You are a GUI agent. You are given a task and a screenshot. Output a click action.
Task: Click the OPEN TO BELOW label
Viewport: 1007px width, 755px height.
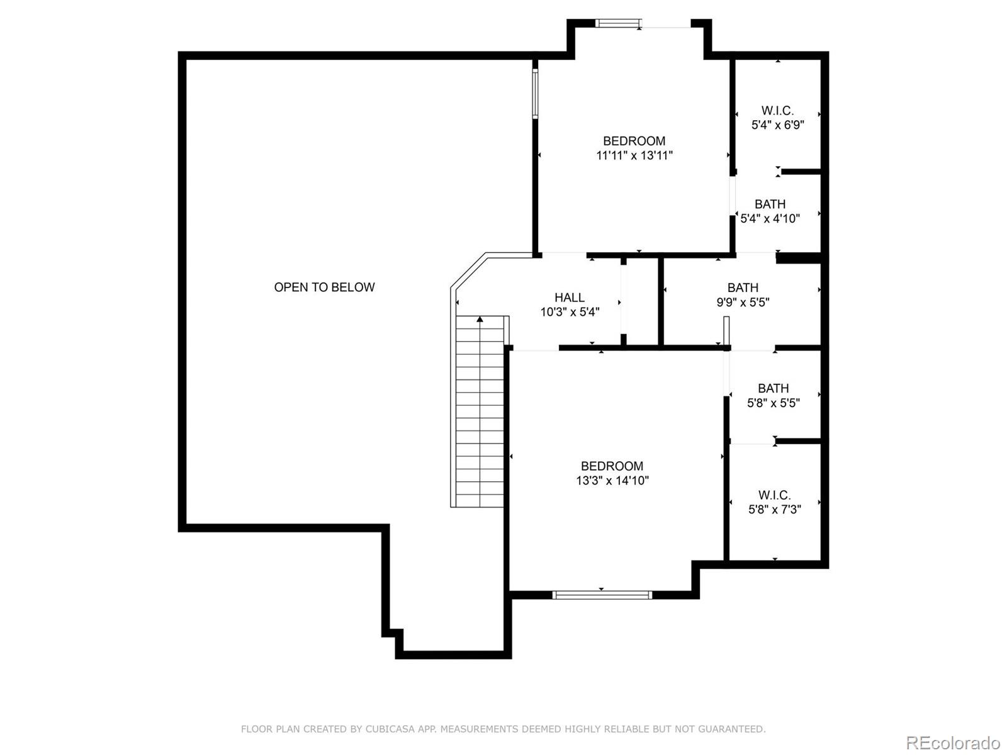324,287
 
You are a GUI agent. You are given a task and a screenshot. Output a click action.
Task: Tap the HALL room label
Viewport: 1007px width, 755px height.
569,297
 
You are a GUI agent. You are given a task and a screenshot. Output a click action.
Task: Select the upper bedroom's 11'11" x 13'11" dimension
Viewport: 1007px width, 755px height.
634,155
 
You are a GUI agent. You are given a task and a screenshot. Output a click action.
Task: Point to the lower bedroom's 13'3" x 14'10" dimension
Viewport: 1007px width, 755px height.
612,481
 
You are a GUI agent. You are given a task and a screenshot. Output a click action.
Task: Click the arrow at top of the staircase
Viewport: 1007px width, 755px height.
480,320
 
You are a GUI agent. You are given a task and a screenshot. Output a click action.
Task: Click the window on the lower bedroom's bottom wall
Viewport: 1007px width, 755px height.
602,595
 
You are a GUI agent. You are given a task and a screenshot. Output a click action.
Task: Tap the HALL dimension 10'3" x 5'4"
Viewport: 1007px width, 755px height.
570,311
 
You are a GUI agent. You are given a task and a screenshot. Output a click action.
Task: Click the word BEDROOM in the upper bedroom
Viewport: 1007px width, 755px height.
634,141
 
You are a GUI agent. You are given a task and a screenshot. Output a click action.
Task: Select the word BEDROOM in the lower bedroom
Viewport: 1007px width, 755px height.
612,466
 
